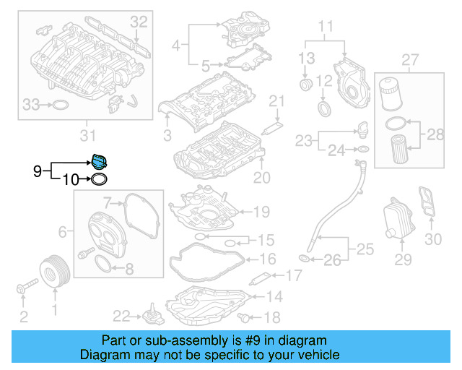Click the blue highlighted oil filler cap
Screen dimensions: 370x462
point(99,161)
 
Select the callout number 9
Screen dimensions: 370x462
point(38,171)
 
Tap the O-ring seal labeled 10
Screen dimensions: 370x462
point(101,178)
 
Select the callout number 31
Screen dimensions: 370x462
point(87,136)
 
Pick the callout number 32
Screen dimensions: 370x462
point(139,22)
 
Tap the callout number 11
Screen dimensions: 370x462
point(326,29)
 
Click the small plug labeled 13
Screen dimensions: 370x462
point(305,87)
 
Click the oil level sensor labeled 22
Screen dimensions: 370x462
point(151,317)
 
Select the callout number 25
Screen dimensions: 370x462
point(365,250)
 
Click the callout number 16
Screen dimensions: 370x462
point(266,259)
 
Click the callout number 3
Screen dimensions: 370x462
point(167,135)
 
